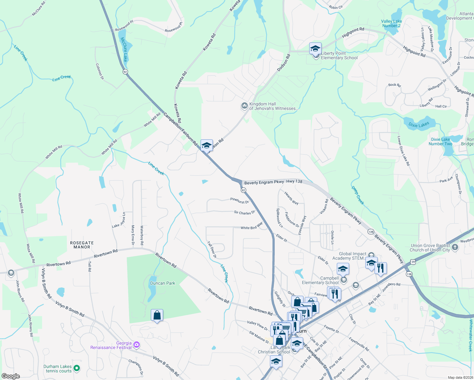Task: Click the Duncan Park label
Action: (x=163, y=283)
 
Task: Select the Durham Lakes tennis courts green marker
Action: (x=76, y=368)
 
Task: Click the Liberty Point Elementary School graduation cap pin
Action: (x=315, y=49)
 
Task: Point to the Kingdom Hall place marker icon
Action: (x=244, y=106)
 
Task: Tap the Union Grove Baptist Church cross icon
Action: (x=455, y=247)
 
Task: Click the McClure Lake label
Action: (x=124, y=49)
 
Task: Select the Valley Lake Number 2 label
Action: (x=391, y=24)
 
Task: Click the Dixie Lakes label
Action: (x=419, y=124)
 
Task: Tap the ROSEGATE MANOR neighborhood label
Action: (x=82, y=245)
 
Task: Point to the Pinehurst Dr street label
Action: (x=240, y=200)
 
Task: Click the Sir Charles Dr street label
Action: (x=244, y=213)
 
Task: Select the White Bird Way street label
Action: (x=252, y=226)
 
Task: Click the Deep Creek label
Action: (x=358, y=195)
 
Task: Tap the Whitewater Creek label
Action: (x=471, y=336)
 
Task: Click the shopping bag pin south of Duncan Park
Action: (x=157, y=315)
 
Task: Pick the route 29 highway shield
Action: (x=413, y=262)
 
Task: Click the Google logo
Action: (x=11, y=376)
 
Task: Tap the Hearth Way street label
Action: (x=291, y=198)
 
